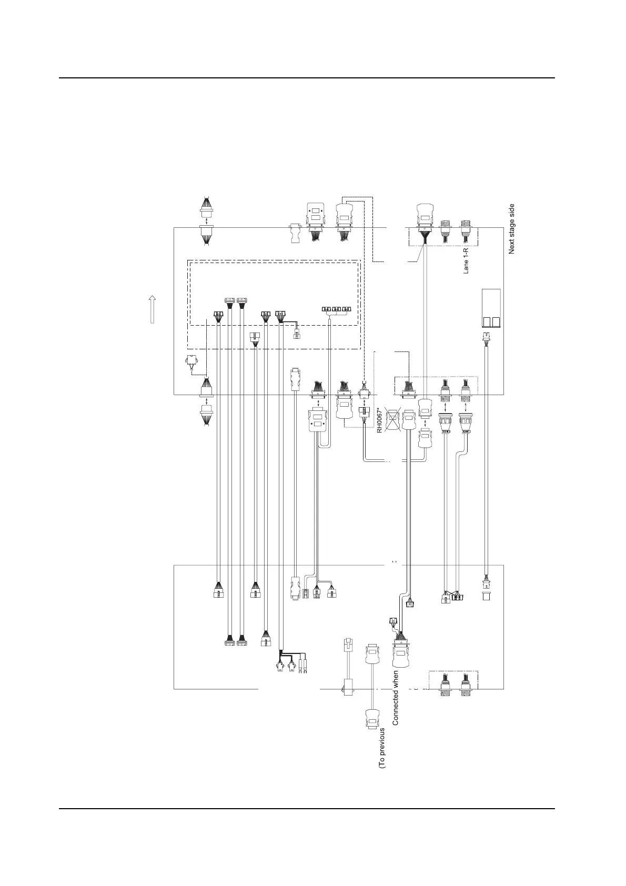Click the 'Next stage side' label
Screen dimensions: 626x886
coord(511,229)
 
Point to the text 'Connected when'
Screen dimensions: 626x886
coord(396,698)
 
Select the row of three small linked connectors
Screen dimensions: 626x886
coord(336,309)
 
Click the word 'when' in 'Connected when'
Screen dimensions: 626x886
coord(396,680)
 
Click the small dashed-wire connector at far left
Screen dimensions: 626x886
coord(191,362)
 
